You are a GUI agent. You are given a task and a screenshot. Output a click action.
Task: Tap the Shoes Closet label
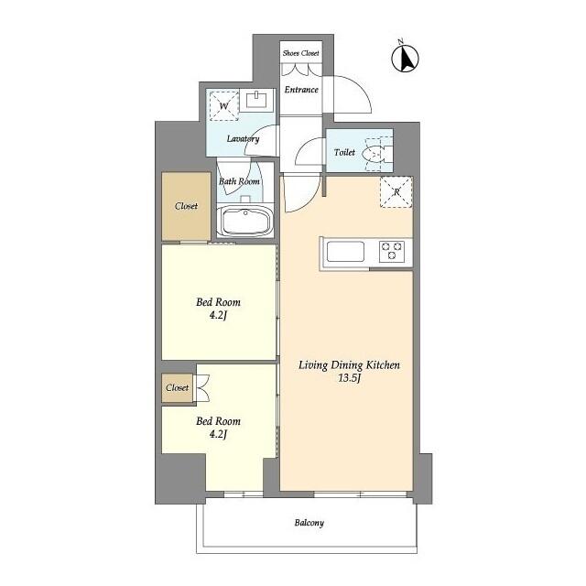tap(300, 54)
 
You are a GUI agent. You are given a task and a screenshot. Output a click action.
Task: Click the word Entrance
tap(300, 90)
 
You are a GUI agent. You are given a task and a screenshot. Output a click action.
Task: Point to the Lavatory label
tap(244, 139)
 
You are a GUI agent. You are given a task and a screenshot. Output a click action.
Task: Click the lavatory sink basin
tap(257, 99)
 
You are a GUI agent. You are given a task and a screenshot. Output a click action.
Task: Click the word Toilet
tap(344, 154)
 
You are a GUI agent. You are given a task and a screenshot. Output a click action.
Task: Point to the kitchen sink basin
tap(346, 251)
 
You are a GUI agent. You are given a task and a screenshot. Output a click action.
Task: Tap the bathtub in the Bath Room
tap(244, 222)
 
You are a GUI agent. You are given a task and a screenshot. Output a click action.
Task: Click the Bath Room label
tap(239, 181)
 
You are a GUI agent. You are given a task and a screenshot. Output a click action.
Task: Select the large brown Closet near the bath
tap(187, 206)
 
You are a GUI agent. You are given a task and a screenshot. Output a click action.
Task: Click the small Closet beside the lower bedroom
tap(177, 388)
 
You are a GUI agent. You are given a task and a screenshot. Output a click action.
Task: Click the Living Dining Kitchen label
tap(350, 365)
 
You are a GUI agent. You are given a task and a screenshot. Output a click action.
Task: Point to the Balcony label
tap(309, 524)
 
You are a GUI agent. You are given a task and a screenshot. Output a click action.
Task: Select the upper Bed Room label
tap(219, 302)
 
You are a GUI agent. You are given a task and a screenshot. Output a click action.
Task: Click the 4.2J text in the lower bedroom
tap(219, 435)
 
